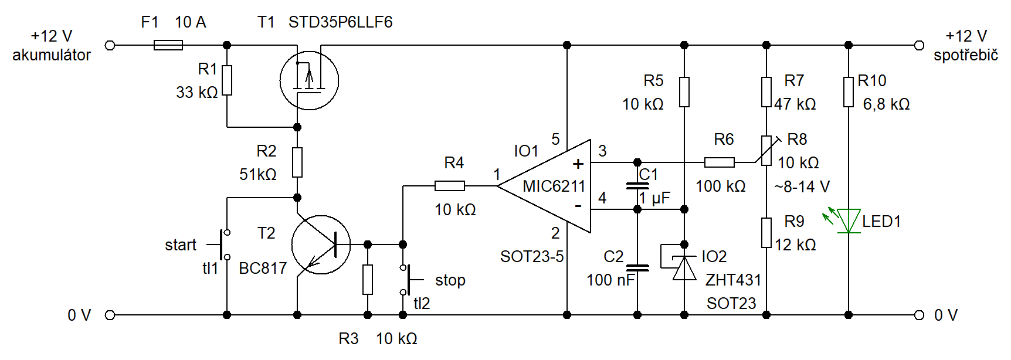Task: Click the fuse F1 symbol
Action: [168, 45]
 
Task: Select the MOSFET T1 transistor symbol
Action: [309, 80]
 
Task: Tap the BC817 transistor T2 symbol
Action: [321, 244]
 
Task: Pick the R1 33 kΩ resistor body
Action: [227, 80]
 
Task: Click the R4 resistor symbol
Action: [450, 186]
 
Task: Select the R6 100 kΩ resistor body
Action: [720, 162]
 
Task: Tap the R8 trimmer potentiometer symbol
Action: [767, 151]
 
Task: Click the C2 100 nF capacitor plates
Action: [637, 268]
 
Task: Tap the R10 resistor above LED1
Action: [849, 92]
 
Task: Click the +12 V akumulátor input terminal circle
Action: [110, 45]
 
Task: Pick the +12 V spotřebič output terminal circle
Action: [919, 45]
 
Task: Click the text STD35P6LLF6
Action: [340, 22]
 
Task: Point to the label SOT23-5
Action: [532, 257]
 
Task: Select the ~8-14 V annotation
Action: [802, 186]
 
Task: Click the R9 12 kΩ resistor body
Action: [766, 233]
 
